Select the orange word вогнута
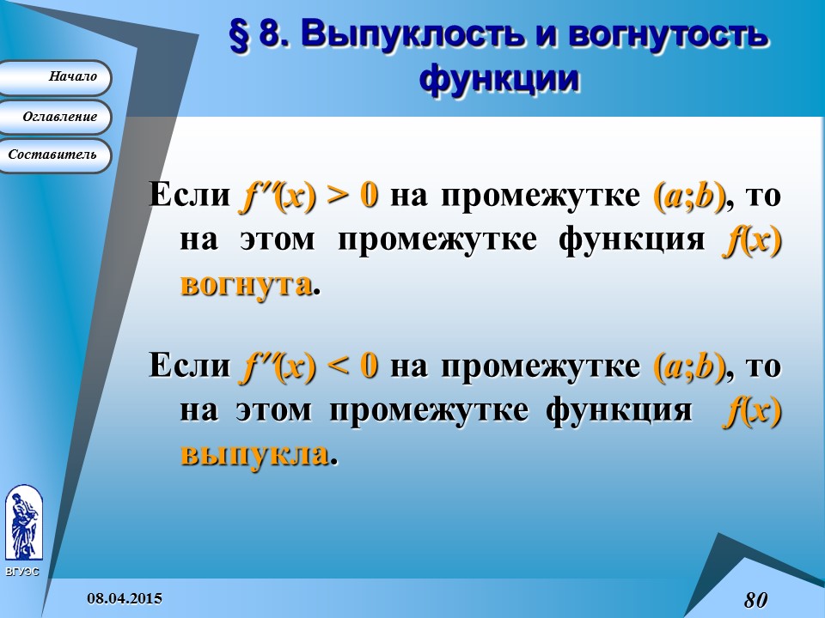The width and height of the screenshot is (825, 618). pyautogui.click(x=245, y=284)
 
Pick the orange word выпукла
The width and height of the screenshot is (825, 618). pyautogui.click(x=254, y=454)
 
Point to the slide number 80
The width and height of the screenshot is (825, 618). pyautogui.click(x=755, y=599)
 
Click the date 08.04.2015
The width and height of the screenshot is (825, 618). pyautogui.click(x=125, y=598)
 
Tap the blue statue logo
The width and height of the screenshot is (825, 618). pyautogui.click(x=23, y=523)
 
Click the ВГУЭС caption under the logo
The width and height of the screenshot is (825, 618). pyautogui.click(x=22, y=571)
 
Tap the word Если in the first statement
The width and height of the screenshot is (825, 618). pyautogui.click(x=188, y=196)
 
